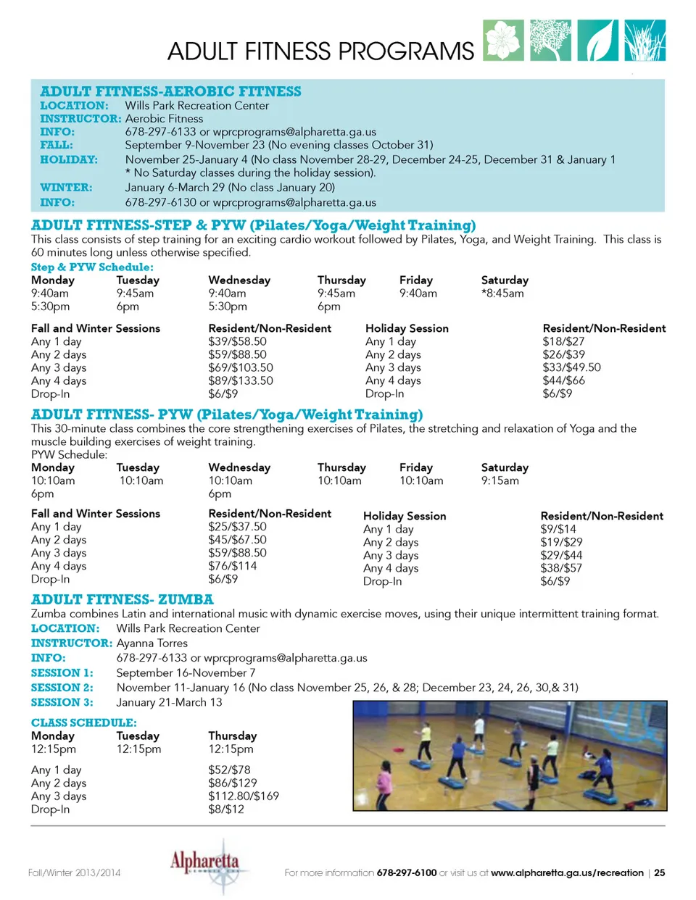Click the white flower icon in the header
(x=503, y=40)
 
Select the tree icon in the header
(x=551, y=40)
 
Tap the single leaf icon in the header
(x=598, y=40)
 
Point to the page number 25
(x=659, y=872)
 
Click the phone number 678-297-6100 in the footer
(x=406, y=872)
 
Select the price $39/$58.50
(x=237, y=341)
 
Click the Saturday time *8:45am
(x=502, y=293)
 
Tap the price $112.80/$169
(x=243, y=796)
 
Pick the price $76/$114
(x=232, y=566)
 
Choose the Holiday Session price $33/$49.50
(x=571, y=367)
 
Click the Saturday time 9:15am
(x=500, y=480)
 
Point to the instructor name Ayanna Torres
(x=152, y=643)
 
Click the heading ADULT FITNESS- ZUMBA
(x=122, y=599)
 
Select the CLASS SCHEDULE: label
(x=83, y=722)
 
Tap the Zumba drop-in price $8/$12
(x=226, y=809)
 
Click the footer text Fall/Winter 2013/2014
(x=74, y=872)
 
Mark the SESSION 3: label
(x=62, y=702)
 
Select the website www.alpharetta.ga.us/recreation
(x=567, y=872)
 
